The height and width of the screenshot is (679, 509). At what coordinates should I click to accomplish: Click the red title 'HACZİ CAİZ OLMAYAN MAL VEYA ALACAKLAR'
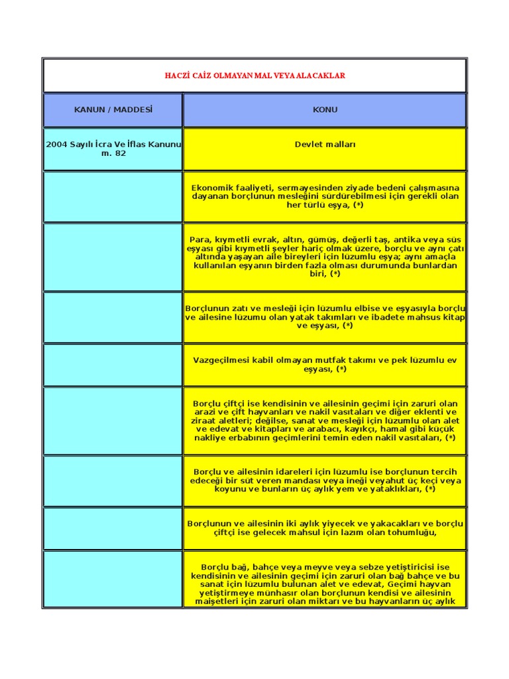point(255,76)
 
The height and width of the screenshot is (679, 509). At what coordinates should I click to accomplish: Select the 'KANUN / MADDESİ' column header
point(113,110)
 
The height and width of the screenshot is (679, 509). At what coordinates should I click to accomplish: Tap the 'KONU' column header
point(325,110)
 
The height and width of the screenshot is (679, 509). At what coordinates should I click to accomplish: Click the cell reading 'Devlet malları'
point(325,145)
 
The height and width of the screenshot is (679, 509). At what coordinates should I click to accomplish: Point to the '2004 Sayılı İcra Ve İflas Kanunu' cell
point(113,145)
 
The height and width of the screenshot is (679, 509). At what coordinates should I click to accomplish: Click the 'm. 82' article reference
point(113,154)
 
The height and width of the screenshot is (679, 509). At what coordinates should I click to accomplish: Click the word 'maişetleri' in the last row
point(211,601)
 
